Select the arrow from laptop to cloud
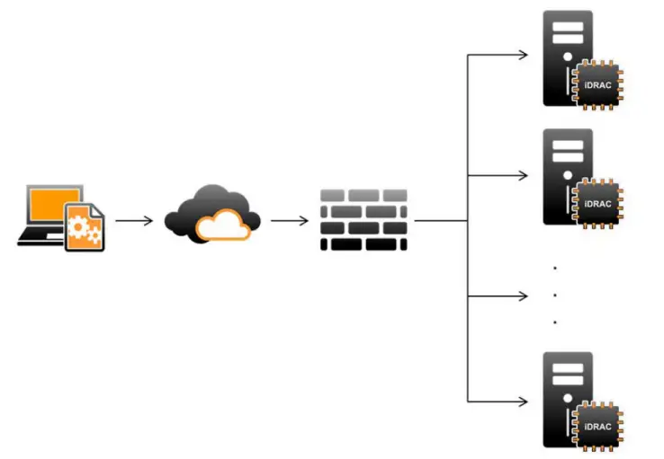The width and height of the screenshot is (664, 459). [x=134, y=219]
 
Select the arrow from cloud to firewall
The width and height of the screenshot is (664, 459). [x=289, y=219]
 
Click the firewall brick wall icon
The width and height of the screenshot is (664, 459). [x=363, y=219]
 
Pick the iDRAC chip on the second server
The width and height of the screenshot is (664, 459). [x=597, y=203]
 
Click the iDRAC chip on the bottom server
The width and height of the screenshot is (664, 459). [x=597, y=425]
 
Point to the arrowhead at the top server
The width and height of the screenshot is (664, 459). [x=523, y=55]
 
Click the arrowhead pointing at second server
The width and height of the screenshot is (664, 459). [x=523, y=174]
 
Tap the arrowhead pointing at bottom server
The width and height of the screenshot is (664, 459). [x=523, y=401]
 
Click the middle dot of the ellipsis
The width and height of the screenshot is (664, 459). [x=555, y=294]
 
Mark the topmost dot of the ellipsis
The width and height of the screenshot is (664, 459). [x=555, y=268]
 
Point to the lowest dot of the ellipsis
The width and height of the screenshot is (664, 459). [x=555, y=321]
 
